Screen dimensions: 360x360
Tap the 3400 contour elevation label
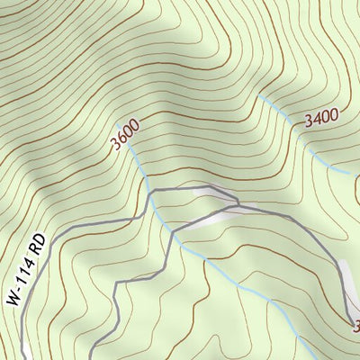tap(321, 116)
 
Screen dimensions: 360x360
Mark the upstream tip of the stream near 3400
tap(258, 94)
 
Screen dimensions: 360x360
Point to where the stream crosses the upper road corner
tap(149, 192)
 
